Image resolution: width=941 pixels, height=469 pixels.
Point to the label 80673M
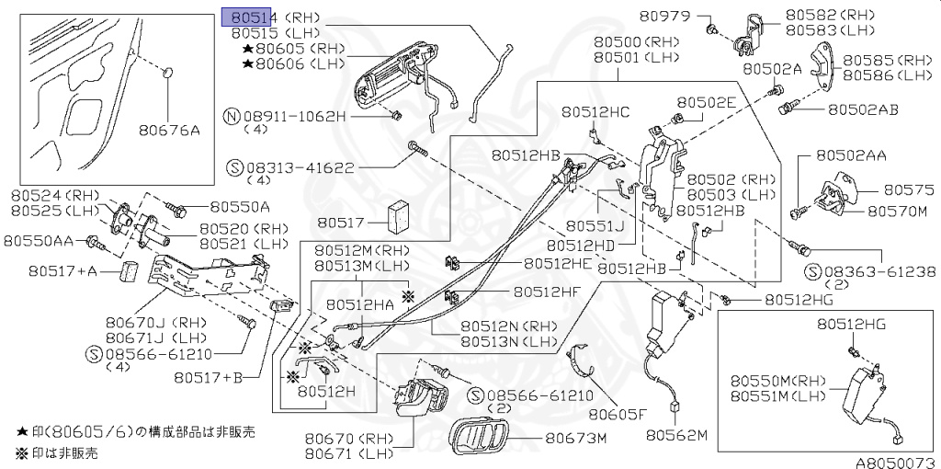(577, 438)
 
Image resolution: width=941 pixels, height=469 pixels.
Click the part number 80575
(908, 189)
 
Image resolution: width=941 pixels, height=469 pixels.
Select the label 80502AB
(863, 109)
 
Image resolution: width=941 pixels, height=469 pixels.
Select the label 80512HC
(596, 112)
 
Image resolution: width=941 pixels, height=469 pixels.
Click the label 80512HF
(547, 292)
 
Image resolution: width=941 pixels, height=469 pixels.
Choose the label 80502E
(707, 103)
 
